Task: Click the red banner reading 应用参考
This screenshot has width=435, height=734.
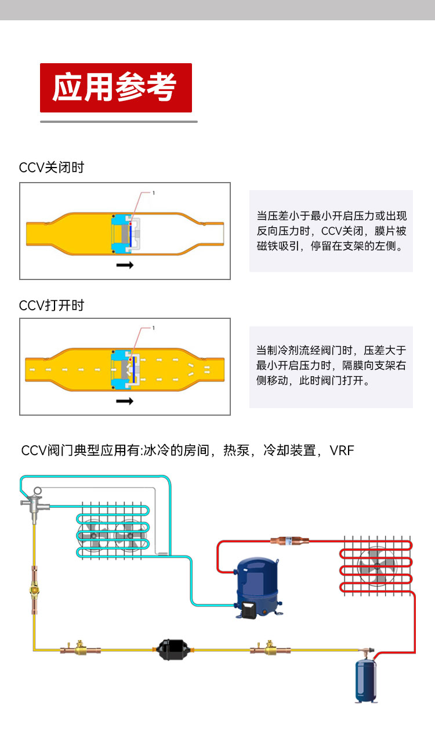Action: click(x=115, y=88)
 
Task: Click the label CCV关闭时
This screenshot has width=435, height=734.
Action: click(x=52, y=168)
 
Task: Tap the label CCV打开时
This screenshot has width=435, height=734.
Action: click(x=52, y=306)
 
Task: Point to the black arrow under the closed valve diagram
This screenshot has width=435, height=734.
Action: click(x=125, y=265)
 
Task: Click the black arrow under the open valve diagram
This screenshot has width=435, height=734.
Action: click(x=125, y=401)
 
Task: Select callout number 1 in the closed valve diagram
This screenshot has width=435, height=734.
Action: click(x=154, y=192)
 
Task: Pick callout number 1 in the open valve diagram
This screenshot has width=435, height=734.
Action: click(x=154, y=328)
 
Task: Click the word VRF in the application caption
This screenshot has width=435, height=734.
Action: click(x=342, y=450)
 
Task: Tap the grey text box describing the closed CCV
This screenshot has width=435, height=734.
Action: click(x=331, y=231)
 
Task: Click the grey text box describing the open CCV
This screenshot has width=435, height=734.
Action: click(x=331, y=366)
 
